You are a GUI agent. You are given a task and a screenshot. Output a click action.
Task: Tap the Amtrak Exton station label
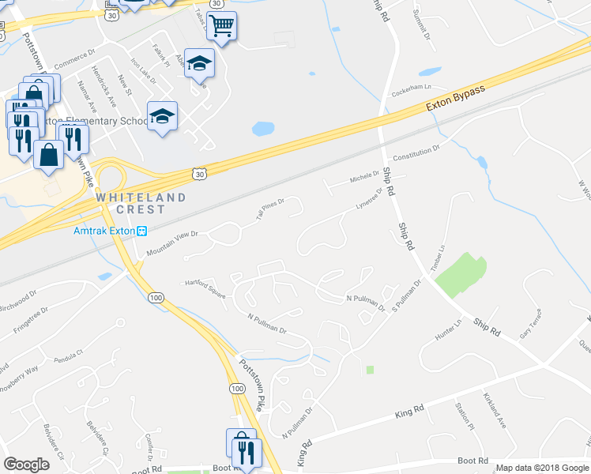[105, 231]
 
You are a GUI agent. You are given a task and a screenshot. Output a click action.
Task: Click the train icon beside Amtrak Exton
[142, 231]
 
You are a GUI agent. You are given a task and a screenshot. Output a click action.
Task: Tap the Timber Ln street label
[439, 258]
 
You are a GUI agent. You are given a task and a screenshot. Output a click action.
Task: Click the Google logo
[26, 465]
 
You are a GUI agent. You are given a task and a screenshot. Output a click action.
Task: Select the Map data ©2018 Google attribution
[542, 468]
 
